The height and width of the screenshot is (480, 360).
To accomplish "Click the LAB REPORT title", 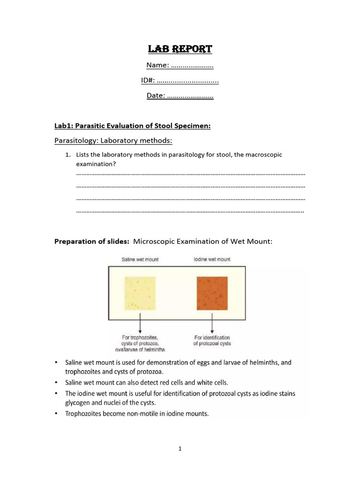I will coord(180,49).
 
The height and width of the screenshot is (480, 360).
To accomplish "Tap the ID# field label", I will coord(148,81).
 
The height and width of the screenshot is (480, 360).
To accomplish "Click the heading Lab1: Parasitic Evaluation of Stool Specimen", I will coord(133,126).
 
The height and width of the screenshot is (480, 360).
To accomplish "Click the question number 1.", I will coord(67,155).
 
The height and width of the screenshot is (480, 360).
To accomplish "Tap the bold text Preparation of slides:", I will coord(92,241).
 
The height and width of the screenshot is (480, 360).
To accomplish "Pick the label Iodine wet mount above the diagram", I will coord(212,259).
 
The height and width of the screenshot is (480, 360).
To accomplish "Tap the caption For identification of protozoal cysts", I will coord(212,340).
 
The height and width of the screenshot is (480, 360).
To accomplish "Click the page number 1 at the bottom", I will coord(180,449).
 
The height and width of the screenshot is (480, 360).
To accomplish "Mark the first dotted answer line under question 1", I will coord(190,174).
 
